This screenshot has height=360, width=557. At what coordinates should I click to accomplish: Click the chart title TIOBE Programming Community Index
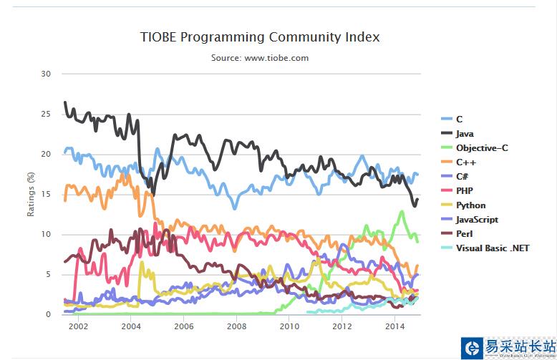coord(260,37)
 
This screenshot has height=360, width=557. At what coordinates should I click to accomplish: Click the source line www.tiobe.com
coord(260,58)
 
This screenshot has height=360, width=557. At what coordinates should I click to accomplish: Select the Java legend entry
coord(464,134)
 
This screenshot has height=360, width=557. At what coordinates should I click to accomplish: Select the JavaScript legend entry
coord(477,220)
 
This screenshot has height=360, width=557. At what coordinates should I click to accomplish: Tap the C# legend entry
coord(461,177)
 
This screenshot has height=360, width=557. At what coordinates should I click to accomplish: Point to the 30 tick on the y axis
coord(47,74)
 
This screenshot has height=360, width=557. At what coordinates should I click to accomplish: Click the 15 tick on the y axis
coord(47,194)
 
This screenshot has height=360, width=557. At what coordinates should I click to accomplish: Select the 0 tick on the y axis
coord(49,314)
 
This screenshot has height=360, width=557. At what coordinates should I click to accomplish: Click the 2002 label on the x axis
coord(78,326)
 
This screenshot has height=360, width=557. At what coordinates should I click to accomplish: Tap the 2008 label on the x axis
coord(237,326)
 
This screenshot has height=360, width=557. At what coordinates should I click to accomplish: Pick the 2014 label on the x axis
coord(395,326)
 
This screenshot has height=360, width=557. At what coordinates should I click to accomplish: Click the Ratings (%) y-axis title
coord(30,194)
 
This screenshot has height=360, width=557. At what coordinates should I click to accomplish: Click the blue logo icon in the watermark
coord(473,348)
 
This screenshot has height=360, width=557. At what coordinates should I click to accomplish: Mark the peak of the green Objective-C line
coord(402,211)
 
